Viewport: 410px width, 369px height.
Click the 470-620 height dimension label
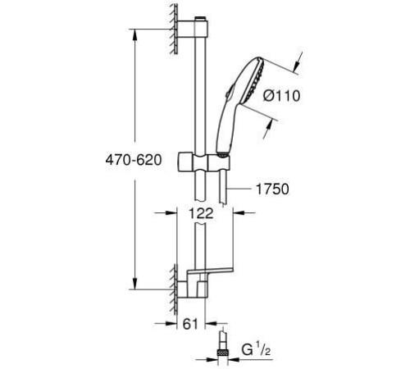[x=134, y=160]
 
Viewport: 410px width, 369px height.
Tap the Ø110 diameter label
[x=281, y=96]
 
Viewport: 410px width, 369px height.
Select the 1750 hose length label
[x=272, y=189]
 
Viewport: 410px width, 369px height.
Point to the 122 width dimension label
[x=201, y=213]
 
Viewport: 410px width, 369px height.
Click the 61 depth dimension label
[x=190, y=325]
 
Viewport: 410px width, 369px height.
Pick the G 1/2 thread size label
[x=256, y=350]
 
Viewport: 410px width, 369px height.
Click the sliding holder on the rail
[x=203, y=162]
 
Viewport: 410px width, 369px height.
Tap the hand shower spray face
[x=256, y=80]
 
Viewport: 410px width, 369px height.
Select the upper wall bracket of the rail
[x=193, y=29]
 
